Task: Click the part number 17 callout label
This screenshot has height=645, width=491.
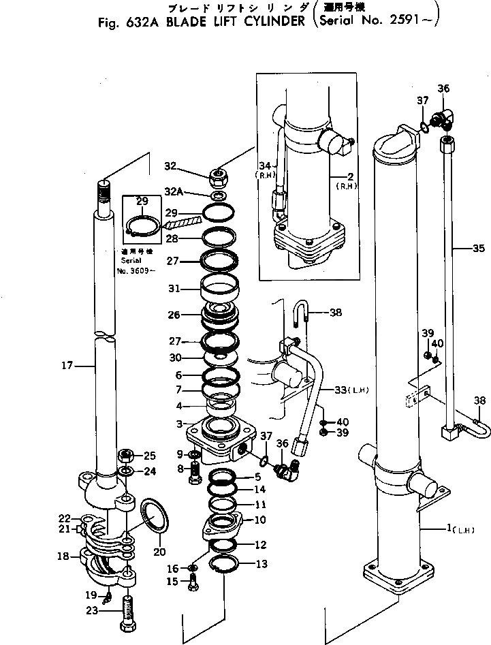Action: (x=65, y=366)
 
